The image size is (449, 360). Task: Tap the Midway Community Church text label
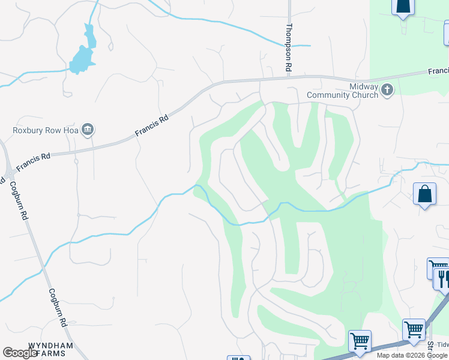343,91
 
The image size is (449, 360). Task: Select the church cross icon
387,91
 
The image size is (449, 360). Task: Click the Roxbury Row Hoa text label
46,130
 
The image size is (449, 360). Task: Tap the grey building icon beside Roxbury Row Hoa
88,130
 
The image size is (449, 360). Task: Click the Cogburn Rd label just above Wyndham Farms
58,307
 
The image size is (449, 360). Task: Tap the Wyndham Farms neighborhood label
50,350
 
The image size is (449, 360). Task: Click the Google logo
20,353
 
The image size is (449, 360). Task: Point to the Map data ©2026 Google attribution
412,355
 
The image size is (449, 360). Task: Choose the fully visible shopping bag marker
424,194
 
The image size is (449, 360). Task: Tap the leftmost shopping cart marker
360,341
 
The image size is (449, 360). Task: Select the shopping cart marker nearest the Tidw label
414,329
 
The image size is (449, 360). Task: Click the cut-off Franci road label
438,71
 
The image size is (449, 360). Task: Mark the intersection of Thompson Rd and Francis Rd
289,77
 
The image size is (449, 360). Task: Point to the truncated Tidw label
442,344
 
